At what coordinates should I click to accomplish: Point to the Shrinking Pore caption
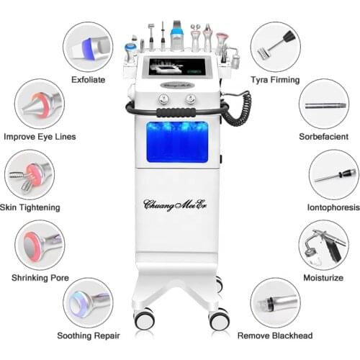point(40,277)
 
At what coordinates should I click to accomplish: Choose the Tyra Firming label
point(274,79)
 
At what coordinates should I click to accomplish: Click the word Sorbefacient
point(324,136)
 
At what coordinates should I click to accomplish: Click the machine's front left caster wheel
point(143,318)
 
